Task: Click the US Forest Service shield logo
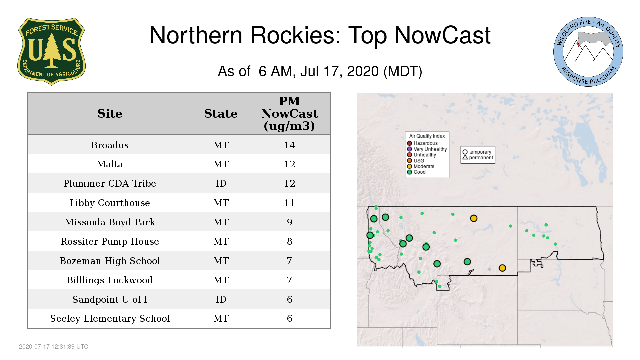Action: (x=51, y=52)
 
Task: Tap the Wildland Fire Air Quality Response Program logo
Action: (x=588, y=52)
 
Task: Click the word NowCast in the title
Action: (x=442, y=35)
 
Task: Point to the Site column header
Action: (x=110, y=114)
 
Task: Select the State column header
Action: (x=221, y=114)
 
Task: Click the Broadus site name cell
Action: (x=110, y=145)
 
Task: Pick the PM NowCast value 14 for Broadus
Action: (x=289, y=145)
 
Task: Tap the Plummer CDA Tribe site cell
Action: (x=110, y=183)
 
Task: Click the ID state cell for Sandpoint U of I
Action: (x=221, y=299)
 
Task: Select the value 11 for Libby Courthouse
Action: (x=289, y=203)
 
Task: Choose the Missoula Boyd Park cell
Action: (x=110, y=222)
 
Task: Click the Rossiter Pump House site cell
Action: (x=110, y=242)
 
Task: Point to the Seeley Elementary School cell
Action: (x=110, y=319)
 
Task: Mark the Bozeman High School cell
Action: (x=110, y=261)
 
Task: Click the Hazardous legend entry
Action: (x=422, y=143)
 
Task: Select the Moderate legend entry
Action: (x=421, y=166)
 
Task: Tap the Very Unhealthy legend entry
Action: (x=427, y=149)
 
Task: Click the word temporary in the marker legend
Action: (x=480, y=152)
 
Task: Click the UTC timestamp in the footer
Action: (x=54, y=347)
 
